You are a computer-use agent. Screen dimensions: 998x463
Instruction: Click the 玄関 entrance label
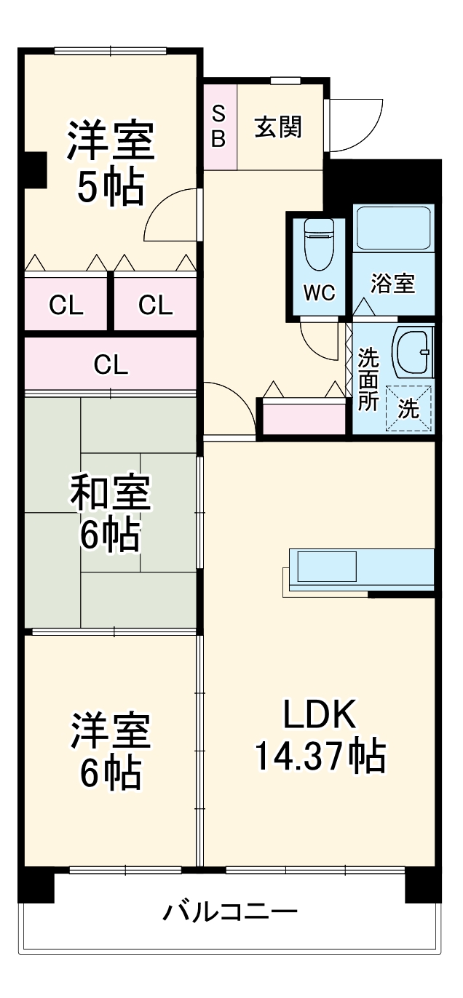click(x=278, y=127)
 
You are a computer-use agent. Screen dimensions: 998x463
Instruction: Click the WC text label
click(x=318, y=292)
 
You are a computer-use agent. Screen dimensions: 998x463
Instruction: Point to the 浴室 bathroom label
click(x=393, y=284)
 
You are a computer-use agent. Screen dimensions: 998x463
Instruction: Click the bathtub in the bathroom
click(x=393, y=228)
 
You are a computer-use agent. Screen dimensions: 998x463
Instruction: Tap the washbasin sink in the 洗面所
click(x=411, y=351)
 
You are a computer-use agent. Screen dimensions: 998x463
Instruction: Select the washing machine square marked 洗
click(x=408, y=409)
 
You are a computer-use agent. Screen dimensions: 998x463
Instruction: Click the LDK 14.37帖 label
click(x=319, y=736)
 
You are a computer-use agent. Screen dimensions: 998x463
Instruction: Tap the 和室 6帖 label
click(x=110, y=513)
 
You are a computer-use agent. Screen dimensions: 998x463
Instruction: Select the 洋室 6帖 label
click(x=110, y=751)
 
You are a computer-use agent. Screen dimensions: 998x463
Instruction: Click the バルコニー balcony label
click(x=229, y=911)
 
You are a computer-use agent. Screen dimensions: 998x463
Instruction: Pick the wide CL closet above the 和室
click(x=111, y=364)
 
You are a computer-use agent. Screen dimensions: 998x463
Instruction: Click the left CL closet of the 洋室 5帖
click(x=66, y=306)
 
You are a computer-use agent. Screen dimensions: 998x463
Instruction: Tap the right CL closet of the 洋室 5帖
click(x=156, y=306)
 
